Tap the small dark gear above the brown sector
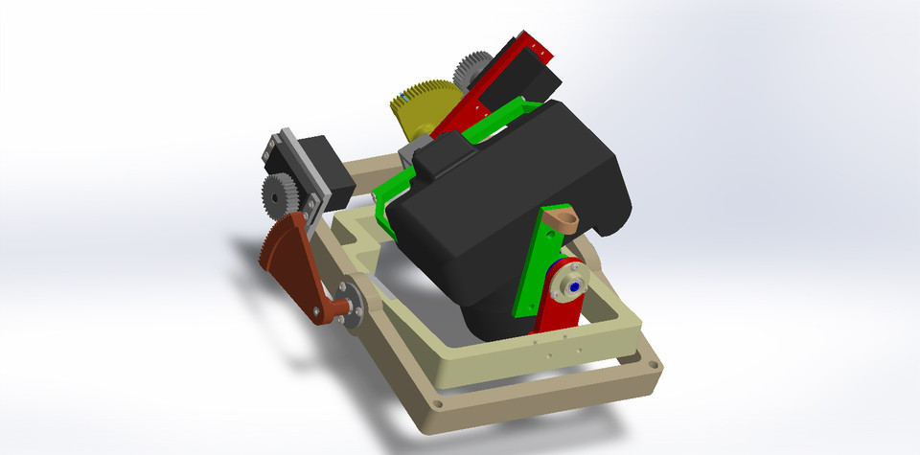coord(279,196)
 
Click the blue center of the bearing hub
coord(572,284)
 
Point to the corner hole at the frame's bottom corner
coord(439,404)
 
